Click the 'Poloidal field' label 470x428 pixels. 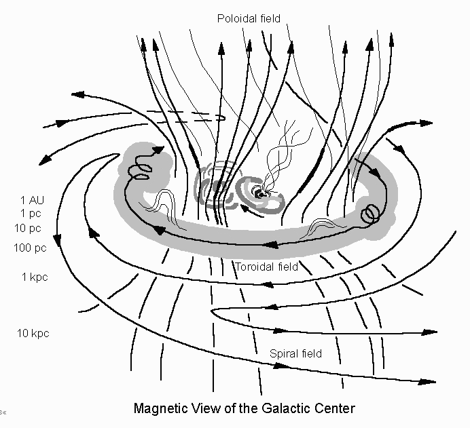point(249,18)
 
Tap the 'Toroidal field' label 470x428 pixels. point(266,267)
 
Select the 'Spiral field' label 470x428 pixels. point(295,353)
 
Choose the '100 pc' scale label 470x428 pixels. point(31,248)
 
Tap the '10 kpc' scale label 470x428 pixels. point(33,333)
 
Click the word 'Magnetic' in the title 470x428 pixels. point(159,409)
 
